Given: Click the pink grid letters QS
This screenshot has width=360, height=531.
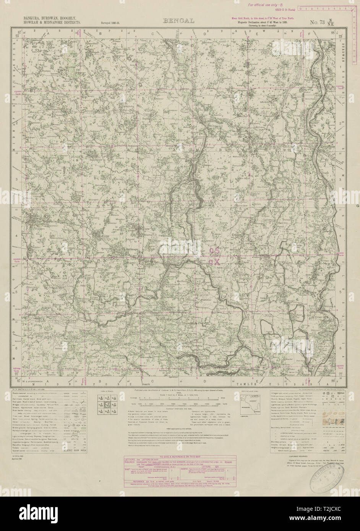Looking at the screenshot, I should coord(215,251).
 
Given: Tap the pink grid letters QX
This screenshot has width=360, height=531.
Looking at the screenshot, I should coord(215,262).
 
